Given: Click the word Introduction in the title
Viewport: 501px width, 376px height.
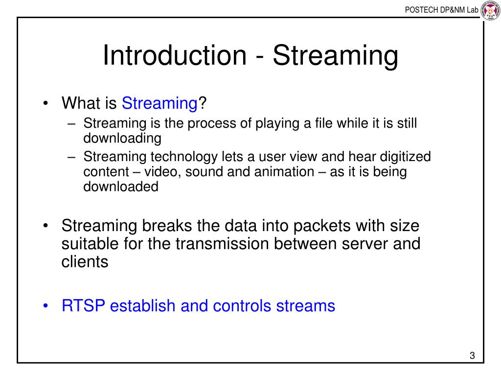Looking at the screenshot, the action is coord(175,55).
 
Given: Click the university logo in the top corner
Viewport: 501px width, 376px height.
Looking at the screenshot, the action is coord(490,11).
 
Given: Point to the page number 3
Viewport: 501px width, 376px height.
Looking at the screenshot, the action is coord(472,355).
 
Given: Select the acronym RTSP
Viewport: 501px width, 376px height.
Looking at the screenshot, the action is coord(83,305).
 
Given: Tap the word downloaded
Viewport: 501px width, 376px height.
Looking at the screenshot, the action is coord(121,187).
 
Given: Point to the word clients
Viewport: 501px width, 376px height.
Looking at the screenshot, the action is coord(85,262).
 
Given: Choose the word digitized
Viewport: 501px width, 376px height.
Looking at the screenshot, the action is coord(405,157).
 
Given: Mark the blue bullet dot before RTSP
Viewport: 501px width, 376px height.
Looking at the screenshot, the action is coord(46,305).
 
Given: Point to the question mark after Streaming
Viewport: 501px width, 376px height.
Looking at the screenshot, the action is coord(202,103).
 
